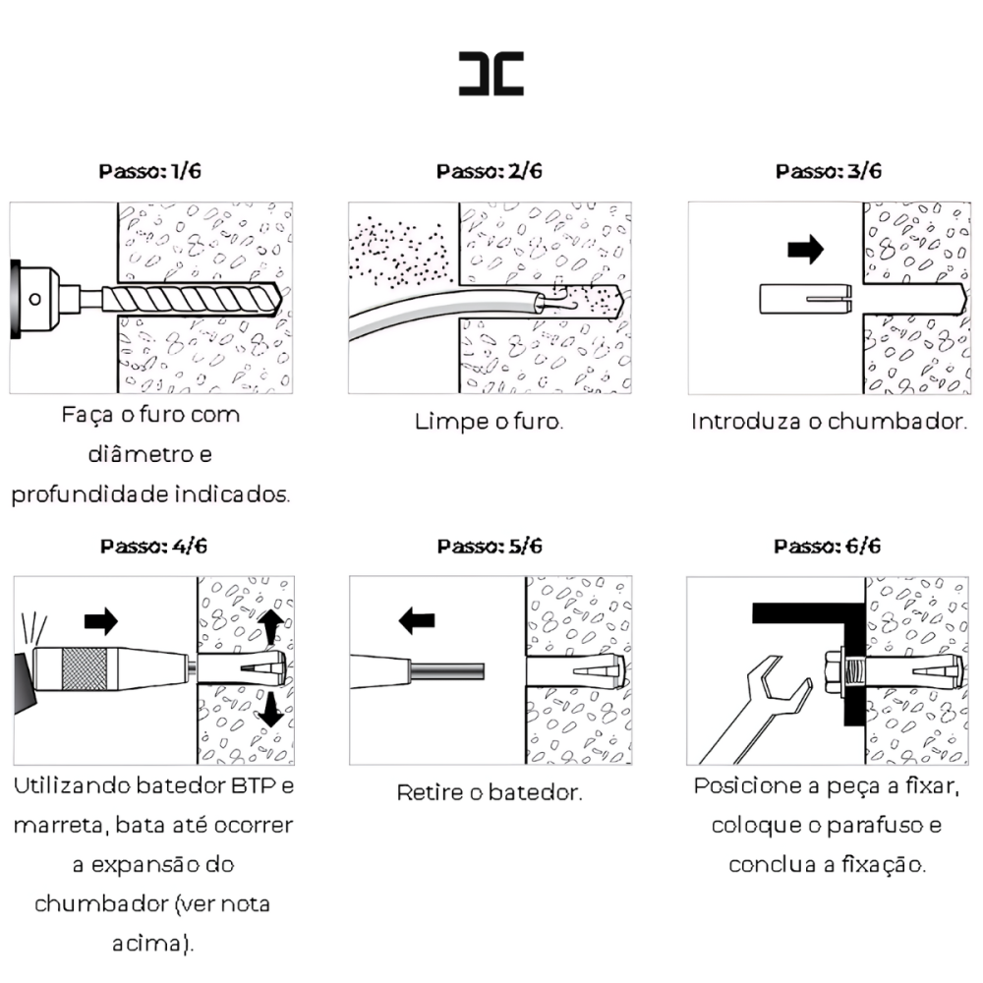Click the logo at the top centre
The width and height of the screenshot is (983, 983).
pyautogui.click(x=491, y=74)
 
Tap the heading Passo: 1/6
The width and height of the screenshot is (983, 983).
pyautogui.click(x=149, y=171)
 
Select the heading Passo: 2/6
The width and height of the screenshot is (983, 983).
pyautogui.click(x=489, y=171)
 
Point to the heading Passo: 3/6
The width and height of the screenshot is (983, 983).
pyautogui.click(x=828, y=171)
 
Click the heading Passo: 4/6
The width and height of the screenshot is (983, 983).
pyautogui.click(x=153, y=546)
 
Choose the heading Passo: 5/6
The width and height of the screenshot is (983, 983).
pyautogui.click(x=490, y=546)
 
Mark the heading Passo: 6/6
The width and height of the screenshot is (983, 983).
pyautogui.click(x=827, y=546)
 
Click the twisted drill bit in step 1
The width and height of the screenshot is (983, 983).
pyautogui.click(x=192, y=300)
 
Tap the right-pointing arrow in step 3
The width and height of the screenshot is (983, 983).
pyautogui.click(x=806, y=249)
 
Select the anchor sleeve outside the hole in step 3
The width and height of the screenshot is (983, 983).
pyautogui.click(x=806, y=299)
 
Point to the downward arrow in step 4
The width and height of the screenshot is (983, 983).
pyautogui.click(x=271, y=709)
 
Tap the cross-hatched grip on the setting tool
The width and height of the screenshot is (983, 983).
pyautogui.click(x=85, y=668)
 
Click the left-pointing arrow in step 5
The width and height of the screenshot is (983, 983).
pyautogui.click(x=417, y=620)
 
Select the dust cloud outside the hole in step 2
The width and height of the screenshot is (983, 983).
pyautogui.click(x=399, y=252)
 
